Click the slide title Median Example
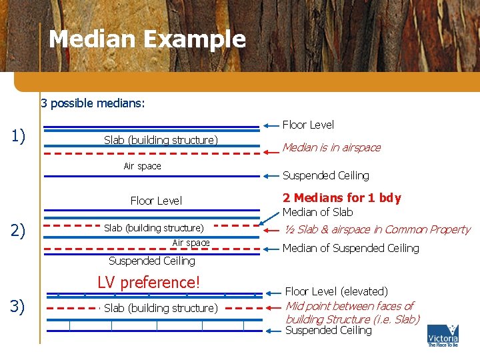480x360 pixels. [147, 39]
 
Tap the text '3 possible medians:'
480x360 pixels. [93, 103]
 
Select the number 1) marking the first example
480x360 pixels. [18, 137]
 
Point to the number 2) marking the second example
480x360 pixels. [18, 231]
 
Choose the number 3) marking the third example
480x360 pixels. [18, 307]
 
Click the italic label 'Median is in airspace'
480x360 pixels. [331, 147]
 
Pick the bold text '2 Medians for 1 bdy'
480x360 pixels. [342, 197]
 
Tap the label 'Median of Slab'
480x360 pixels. [318, 212]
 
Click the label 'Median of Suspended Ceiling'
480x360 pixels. [351, 248]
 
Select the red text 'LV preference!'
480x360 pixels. [149, 282]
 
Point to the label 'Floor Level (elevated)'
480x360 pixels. [337, 291]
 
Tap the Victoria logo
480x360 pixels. [443, 335]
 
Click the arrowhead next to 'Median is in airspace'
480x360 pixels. [267, 148]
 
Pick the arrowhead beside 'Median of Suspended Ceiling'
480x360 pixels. [267, 248]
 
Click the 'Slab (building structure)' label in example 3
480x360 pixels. [161, 308]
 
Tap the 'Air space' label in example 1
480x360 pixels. [143, 166]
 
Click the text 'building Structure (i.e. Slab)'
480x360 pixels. [353, 319]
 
